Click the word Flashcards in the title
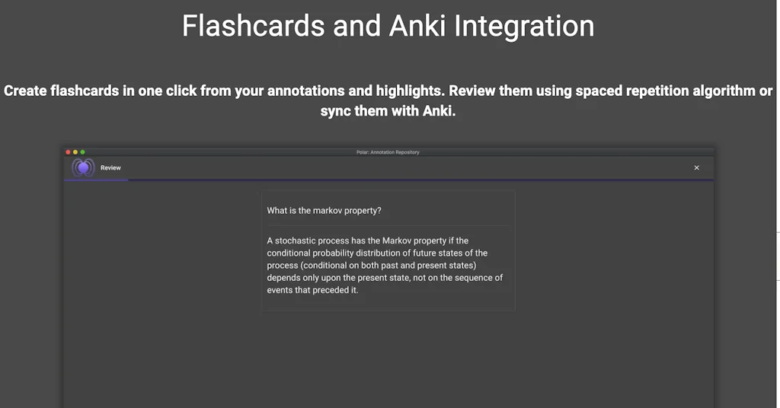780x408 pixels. pyautogui.click(x=253, y=26)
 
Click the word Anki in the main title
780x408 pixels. pyautogui.click(x=418, y=26)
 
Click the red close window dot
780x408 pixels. pyautogui.click(x=68, y=152)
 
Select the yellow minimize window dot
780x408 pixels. pyautogui.click(x=75, y=152)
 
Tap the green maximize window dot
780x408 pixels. pyautogui.click(x=82, y=152)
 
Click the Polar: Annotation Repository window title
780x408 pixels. pyautogui.click(x=388, y=152)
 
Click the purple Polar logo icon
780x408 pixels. pyautogui.click(x=83, y=168)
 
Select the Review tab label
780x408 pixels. pyautogui.click(x=110, y=168)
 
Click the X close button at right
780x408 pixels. pyautogui.click(x=696, y=168)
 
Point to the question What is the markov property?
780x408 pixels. pyautogui.click(x=324, y=211)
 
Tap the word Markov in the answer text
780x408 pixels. pyautogui.click(x=396, y=241)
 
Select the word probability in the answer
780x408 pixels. pyautogui.click(x=333, y=253)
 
